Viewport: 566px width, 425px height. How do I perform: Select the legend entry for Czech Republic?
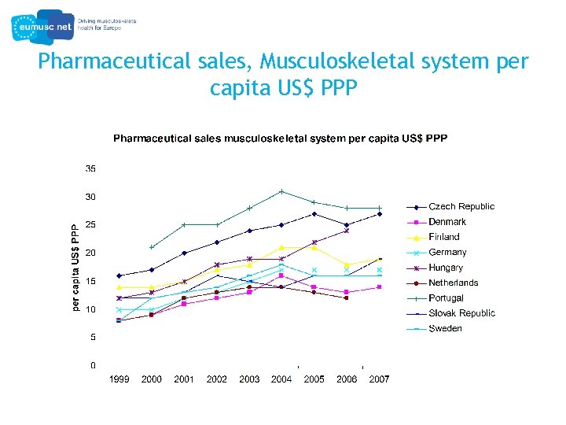(x=461, y=206)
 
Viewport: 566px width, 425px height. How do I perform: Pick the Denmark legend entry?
(x=447, y=222)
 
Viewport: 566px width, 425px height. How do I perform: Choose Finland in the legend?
(x=444, y=237)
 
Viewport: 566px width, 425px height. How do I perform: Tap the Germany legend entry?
(x=447, y=252)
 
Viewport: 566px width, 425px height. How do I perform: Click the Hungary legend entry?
(x=446, y=268)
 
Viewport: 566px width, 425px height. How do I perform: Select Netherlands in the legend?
(x=453, y=283)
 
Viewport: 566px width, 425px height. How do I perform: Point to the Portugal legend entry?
(x=446, y=298)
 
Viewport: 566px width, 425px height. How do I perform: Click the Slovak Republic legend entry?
(x=461, y=313)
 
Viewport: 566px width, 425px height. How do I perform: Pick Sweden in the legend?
(x=445, y=328)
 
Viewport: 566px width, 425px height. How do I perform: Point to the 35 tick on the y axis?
(x=91, y=168)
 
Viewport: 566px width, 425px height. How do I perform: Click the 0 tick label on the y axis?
(x=94, y=365)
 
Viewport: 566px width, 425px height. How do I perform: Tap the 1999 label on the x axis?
(x=119, y=379)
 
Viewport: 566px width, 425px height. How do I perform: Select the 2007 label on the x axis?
(x=379, y=379)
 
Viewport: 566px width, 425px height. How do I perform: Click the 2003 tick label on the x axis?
(x=249, y=379)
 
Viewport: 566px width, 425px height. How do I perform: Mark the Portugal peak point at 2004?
(x=281, y=191)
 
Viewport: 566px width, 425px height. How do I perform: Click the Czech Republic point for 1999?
(x=119, y=275)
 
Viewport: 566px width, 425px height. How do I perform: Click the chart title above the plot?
(x=280, y=139)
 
